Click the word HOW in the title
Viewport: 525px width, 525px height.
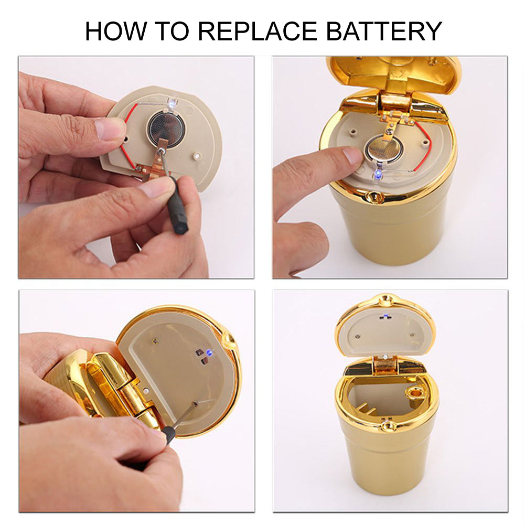coord(116,31)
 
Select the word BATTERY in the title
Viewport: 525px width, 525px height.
coord(384,31)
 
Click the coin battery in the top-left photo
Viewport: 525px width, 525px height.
coord(166,128)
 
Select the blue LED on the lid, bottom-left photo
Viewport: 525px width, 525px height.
coord(210,352)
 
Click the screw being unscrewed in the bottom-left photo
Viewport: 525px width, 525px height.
coord(195,404)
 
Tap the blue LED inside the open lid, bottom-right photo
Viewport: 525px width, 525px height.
coord(385,315)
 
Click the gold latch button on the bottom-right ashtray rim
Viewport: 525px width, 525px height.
coord(388,426)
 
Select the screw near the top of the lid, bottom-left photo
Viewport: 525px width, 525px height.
coord(155,341)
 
